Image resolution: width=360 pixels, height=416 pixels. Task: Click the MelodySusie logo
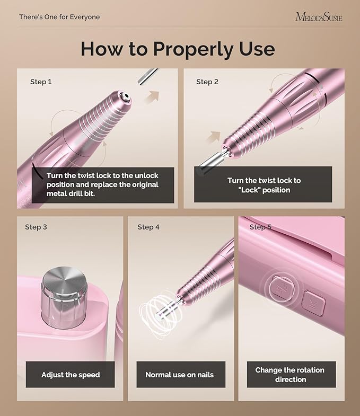click(x=318, y=17)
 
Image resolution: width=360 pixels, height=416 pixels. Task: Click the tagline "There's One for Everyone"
click(x=59, y=17)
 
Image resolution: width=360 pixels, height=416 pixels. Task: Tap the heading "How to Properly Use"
click(x=178, y=49)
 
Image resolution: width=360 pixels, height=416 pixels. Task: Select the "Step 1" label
click(x=41, y=82)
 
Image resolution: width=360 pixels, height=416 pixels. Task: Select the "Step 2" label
click(x=207, y=82)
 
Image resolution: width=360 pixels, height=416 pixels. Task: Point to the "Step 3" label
click(x=36, y=227)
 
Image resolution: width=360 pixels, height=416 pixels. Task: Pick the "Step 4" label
click(x=148, y=227)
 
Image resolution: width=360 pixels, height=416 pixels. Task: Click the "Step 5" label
click(x=260, y=227)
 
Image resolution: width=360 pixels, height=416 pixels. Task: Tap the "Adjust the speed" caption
click(x=71, y=375)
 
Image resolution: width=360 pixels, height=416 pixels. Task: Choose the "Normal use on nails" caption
click(x=180, y=375)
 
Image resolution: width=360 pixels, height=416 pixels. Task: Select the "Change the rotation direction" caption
click(x=290, y=375)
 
